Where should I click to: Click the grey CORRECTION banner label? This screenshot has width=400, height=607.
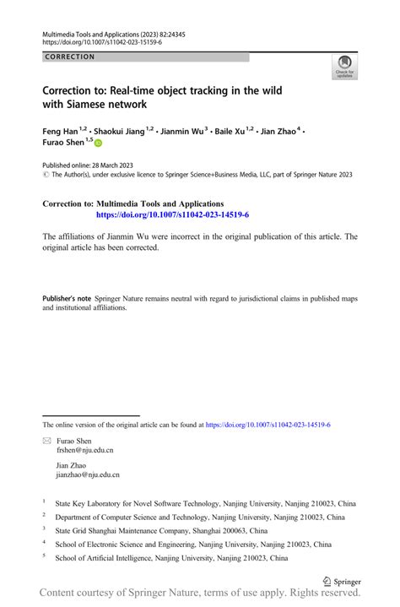pyautogui.click(x=71, y=57)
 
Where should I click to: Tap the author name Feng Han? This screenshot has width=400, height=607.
pyautogui.click(x=61, y=132)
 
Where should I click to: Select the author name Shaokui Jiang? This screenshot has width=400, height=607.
pyautogui.click(x=120, y=132)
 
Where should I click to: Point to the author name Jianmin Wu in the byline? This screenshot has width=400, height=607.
pyautogui.click(x=181, y=132)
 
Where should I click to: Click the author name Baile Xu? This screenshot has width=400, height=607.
pyautogui.click(x=228, y=132)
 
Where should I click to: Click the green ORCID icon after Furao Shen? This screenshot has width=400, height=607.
pyautogui.click(x=109, y=145)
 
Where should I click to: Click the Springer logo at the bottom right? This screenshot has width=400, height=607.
pyautogui.click(x=343, y=581)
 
